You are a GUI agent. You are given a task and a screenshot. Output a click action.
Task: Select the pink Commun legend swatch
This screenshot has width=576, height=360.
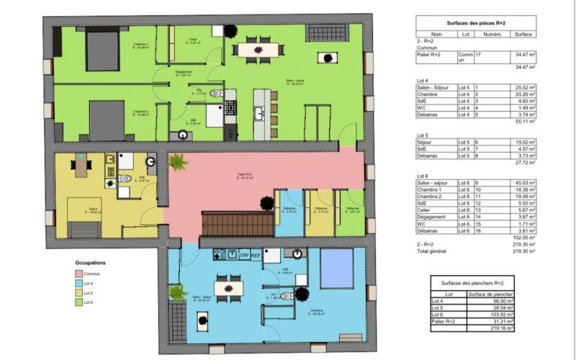point(78,274)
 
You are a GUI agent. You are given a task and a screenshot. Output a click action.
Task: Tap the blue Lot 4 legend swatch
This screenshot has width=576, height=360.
point(78,284)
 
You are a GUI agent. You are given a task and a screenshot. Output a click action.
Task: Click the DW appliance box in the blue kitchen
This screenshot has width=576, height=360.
point(244,254)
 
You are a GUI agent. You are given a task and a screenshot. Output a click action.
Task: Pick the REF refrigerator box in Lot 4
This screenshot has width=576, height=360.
point(255,254)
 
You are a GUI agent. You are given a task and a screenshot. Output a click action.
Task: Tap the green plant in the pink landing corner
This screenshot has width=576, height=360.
point(177,163)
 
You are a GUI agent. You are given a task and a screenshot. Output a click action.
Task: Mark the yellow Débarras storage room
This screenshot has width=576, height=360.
point(318,211)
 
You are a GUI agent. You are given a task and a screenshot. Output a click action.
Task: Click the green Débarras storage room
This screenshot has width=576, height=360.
point(351,211)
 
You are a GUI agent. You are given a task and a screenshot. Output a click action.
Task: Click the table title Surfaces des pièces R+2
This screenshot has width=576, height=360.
point(476,23)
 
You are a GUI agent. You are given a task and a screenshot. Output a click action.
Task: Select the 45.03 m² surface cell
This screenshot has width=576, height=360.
point(523,183)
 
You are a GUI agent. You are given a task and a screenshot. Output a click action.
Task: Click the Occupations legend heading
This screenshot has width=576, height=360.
point(91,264)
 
